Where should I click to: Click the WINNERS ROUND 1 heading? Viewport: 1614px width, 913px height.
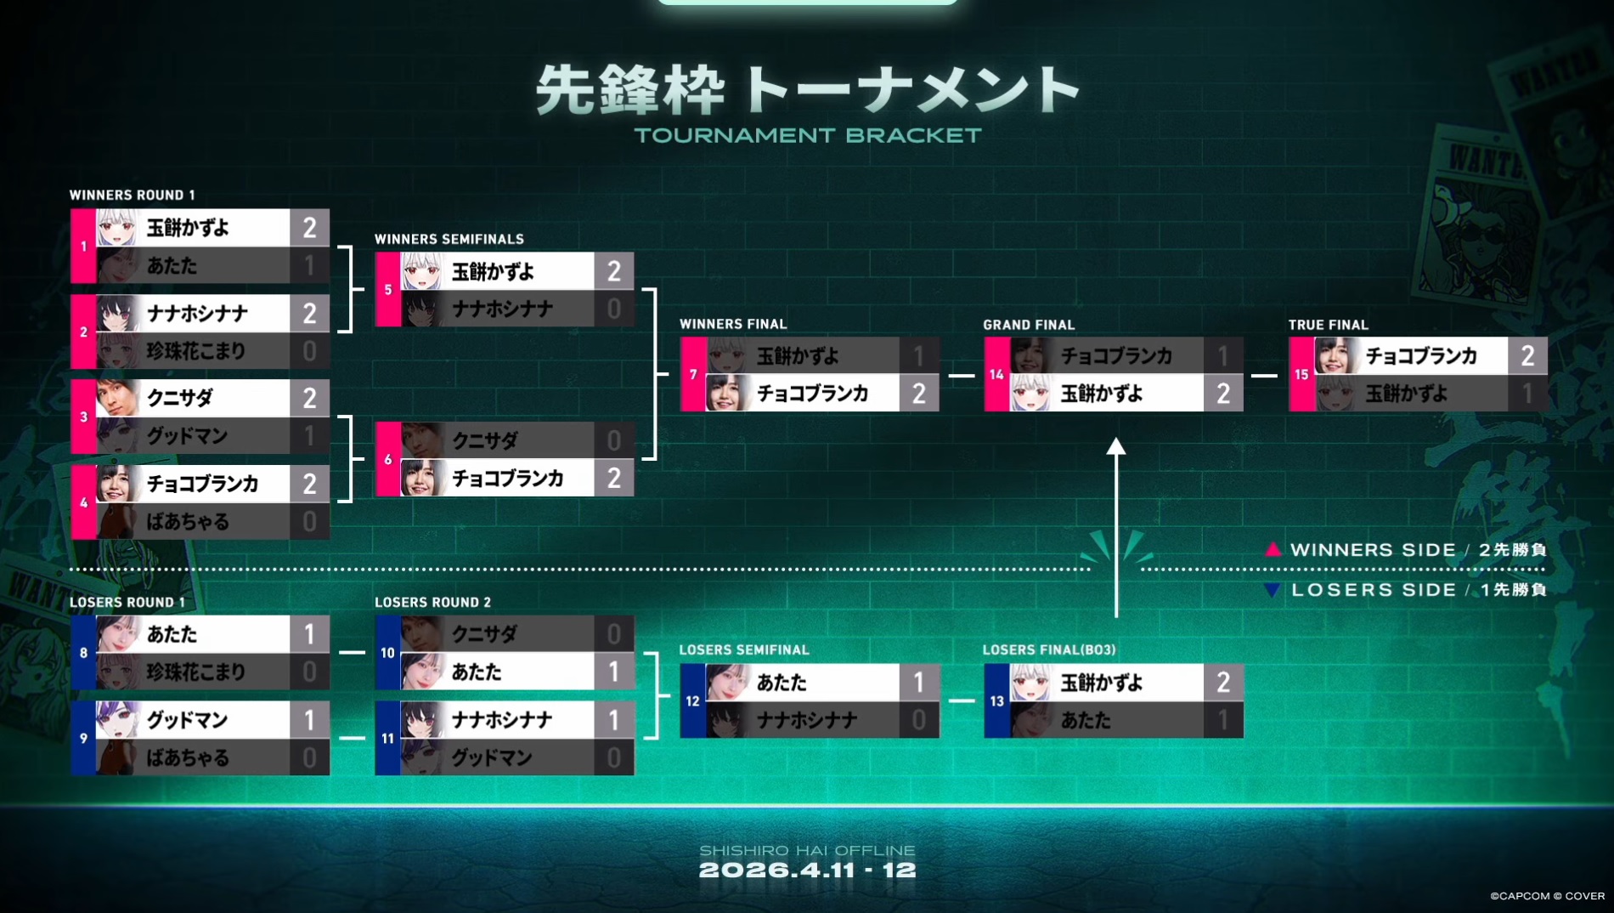click(132, 195)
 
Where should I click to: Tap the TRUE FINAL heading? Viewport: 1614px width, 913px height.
click(1328, 325)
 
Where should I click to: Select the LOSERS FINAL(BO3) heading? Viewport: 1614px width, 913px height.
click(1048, 649)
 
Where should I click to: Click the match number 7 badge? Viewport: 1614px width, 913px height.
click(693, 374)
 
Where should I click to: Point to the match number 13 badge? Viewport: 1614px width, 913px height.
click(996, 701)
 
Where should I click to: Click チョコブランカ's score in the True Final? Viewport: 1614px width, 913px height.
click(1527, 355)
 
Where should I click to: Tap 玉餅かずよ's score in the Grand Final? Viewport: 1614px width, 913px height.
click(1223, 394)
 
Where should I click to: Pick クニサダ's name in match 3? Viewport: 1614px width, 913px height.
click(179, 398)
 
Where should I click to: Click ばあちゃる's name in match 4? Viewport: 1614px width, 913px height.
click(188, 521)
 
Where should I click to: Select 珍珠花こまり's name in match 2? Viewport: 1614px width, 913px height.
click(195, 351)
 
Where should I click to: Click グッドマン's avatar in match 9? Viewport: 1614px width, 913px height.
click(116, 720)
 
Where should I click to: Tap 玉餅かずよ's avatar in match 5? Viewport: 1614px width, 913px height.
click(421, 271)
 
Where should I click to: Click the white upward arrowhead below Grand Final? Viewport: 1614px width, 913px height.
click(1115, 447)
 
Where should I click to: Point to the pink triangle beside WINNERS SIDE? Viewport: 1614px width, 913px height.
click(1273, 549)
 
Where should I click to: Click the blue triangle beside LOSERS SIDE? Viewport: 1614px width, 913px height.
click(1272, 590)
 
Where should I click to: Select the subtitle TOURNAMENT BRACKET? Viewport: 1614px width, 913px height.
click(807, 135)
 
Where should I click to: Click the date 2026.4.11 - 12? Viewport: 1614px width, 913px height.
click(807, 870)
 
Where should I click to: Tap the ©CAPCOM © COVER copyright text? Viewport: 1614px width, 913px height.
click(1547, 896)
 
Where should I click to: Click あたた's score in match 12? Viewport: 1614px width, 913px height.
click(918, 683)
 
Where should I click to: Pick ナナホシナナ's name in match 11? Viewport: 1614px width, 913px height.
click(502, 720)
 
